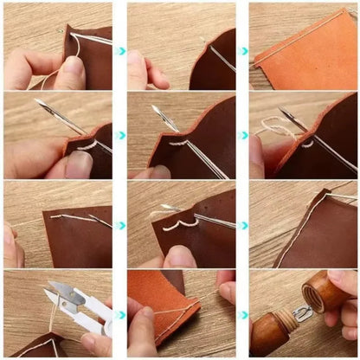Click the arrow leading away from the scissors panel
click(121, 313)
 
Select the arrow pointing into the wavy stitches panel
click(121, 225)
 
